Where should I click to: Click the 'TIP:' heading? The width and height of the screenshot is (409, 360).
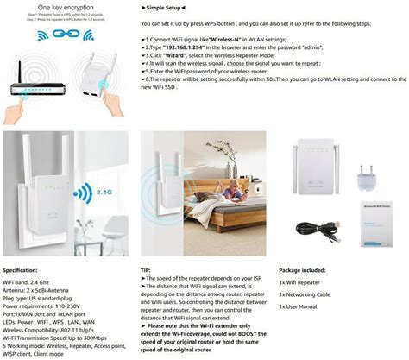[x=147, y=270]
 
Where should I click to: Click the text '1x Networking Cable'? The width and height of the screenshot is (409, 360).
[x=311, y=294]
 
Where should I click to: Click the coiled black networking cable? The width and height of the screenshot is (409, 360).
[x=317, y=227]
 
